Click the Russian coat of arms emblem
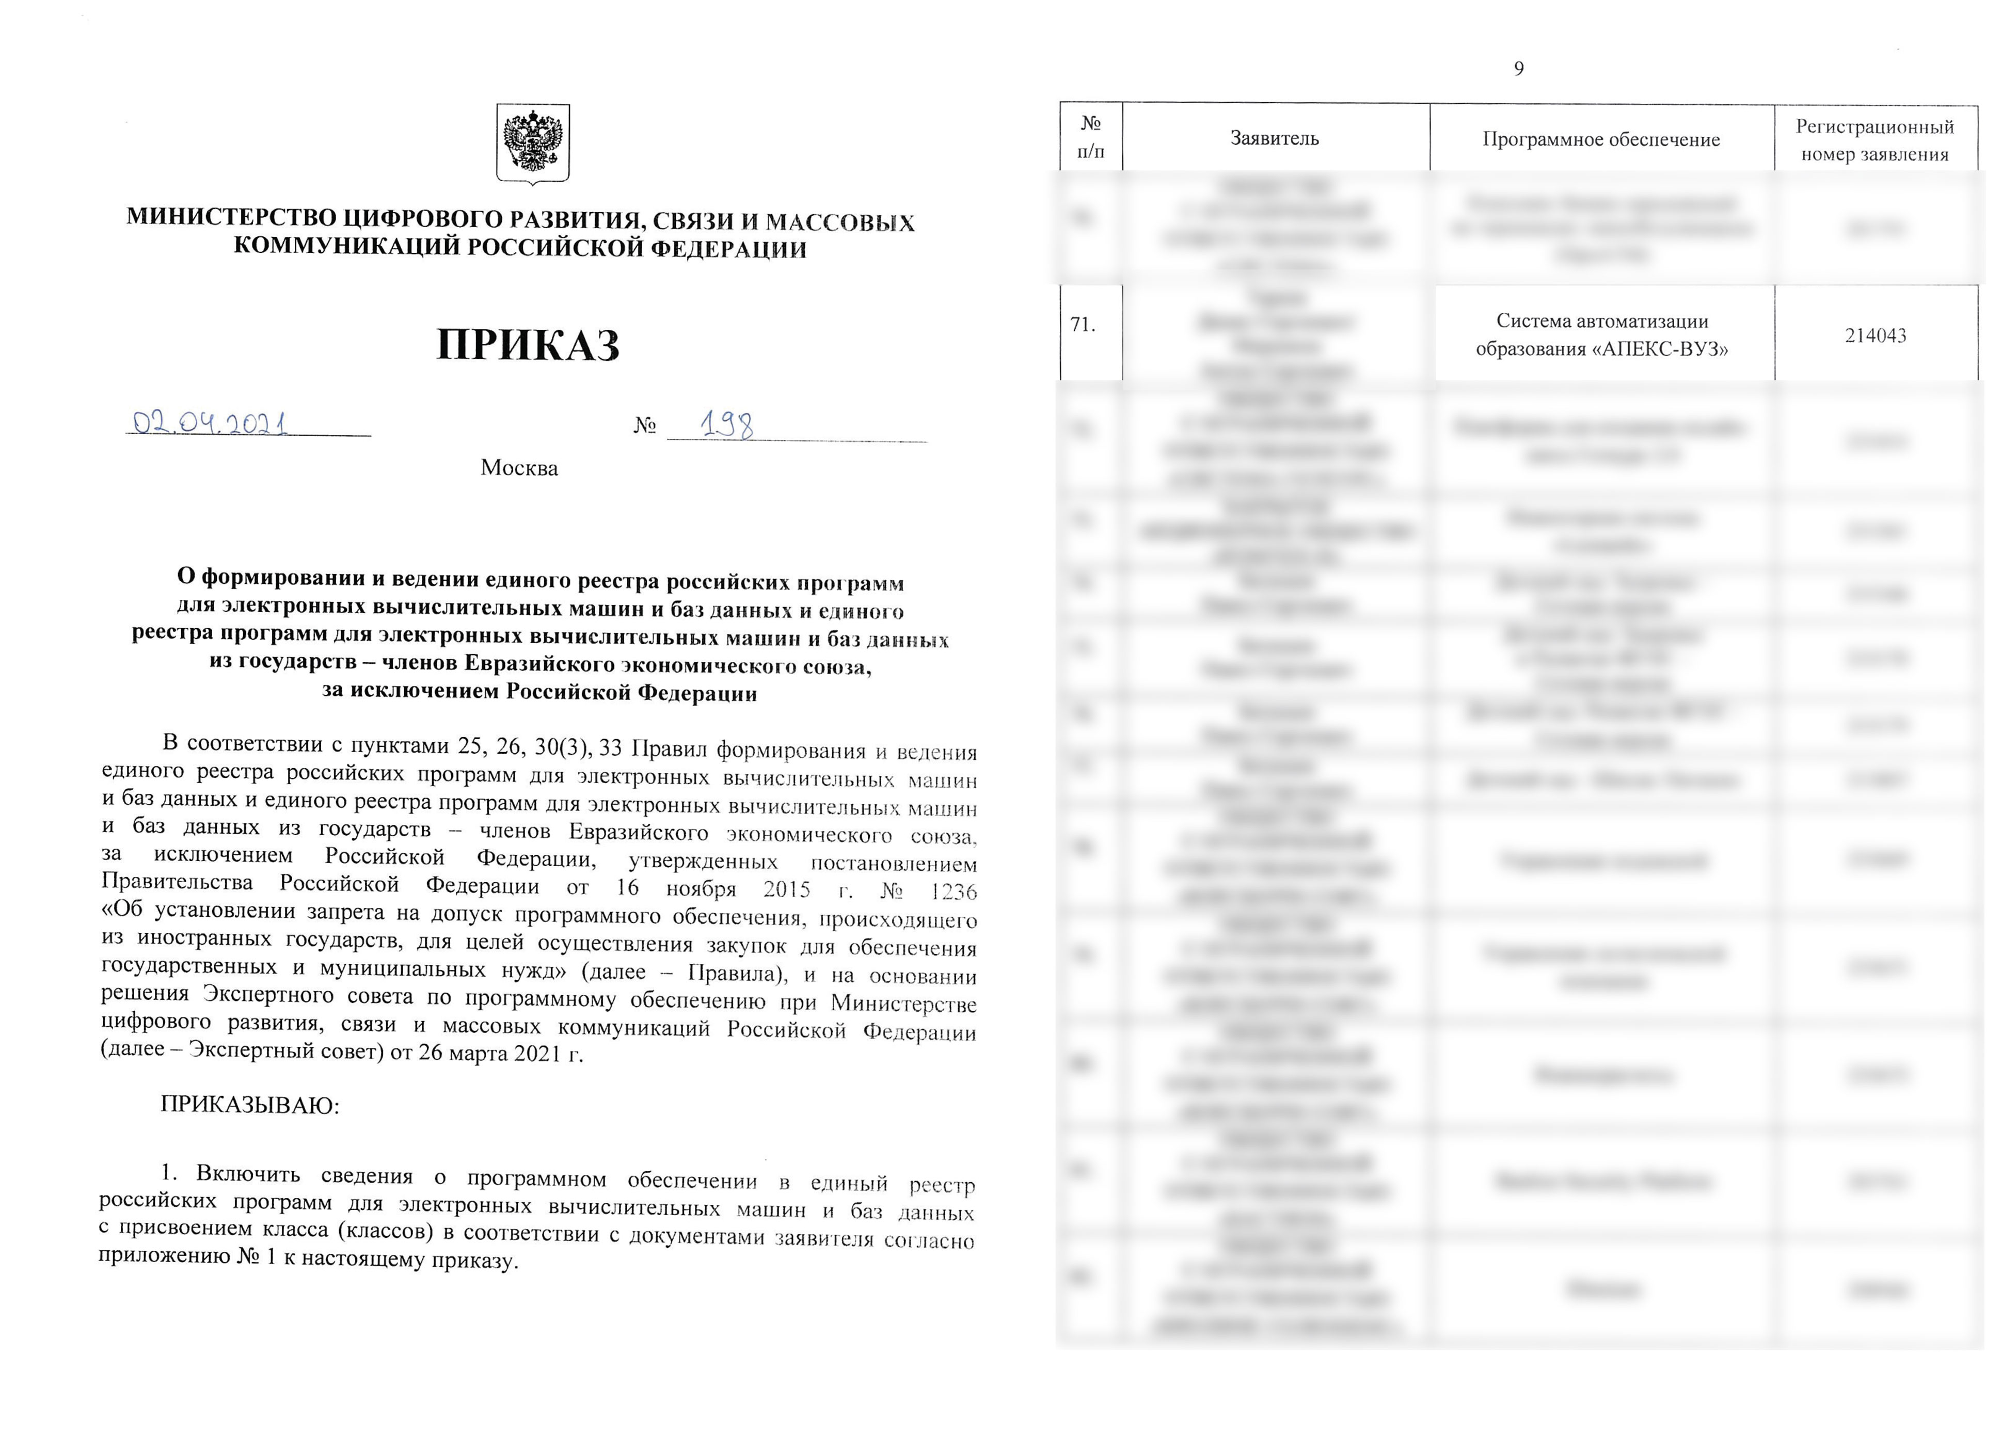click(x=532, y=143)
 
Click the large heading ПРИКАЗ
click(x=528, y=345)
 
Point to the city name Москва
click(x=519, y=468)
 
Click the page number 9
click(x=1518, y=69)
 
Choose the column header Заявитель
click(x=1275, y=138)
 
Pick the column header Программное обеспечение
click(x=1601, y=139)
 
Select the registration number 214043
click(x=1875, y=336)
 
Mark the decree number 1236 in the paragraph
click(x=954, y=892)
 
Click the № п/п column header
click(x=1091, y=137)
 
